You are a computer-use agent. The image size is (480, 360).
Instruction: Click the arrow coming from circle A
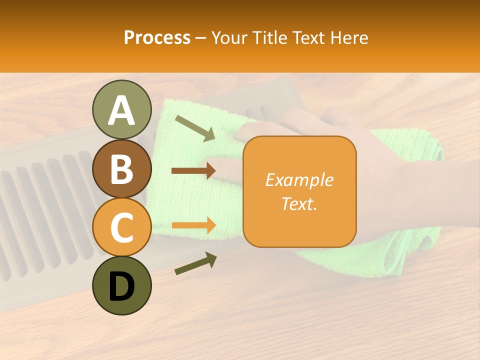pyautogui.click(x=195, y=127)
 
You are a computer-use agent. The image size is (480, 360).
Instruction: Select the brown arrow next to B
pyautogui.click(x=193, y=171)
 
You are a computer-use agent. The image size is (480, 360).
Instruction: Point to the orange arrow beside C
pyautogui.click(x=193, y=225)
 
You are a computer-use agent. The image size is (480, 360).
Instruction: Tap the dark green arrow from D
pyautogui.click(x=195, y=263)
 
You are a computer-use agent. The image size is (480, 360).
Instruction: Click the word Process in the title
pyautogui.click(x=157, y=38)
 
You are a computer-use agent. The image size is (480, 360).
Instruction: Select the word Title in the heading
pyautogui.click(x=270, y=38)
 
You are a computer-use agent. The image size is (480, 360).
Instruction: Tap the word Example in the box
pyautogui.click(x=299, y=180)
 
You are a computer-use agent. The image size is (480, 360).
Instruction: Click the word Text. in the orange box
pyautogui.click(x=299, y=203)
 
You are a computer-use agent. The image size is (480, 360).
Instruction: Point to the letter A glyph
pyautogui.click(x=121, y=110)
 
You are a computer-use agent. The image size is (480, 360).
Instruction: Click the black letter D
pyautogui.click(x=121, y=286)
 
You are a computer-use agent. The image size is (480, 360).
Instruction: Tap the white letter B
pyautogui.click(x=121, y=169)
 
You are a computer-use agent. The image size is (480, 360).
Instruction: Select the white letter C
pyautogui.click(x=121, y=228)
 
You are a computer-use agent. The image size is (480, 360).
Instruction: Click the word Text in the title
pyautogui.click(x=308, y=38)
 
